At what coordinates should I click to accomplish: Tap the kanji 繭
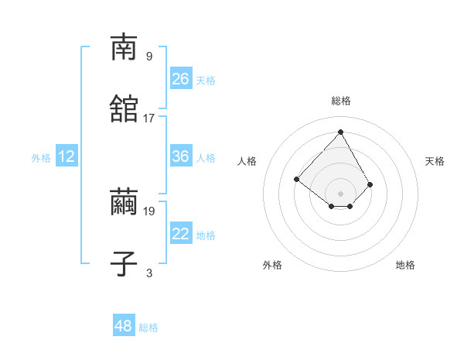[124, 202]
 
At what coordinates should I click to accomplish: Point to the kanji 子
[124, 264]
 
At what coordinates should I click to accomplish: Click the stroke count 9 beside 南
[149, 56]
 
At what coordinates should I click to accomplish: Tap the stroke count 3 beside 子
[149, 273]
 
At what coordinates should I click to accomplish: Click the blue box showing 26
[180, 79]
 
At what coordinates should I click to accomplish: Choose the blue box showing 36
[180, 156]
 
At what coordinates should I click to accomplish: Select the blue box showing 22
[180, 234]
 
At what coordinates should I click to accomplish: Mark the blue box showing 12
[67, 156]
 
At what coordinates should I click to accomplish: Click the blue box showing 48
[124, 326]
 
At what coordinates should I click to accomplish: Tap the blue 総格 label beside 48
[148, 328]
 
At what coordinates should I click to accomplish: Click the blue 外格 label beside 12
[41, 158]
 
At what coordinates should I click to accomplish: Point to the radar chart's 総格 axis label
[341, 101]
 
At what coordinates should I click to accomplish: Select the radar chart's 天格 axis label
[435, 161]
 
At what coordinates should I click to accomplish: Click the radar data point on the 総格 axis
[340, 132]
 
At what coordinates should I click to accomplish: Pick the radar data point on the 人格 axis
[296, 180]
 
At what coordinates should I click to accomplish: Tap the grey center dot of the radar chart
[340, 194]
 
